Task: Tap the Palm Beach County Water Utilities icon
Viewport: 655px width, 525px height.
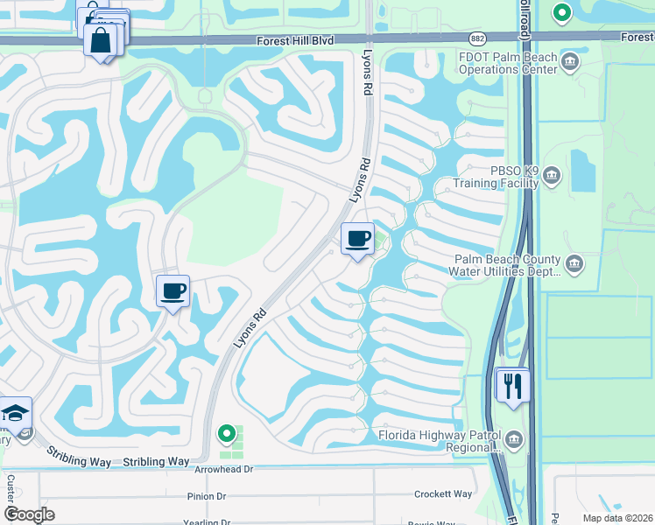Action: pyautogui.click(x=574, y=263)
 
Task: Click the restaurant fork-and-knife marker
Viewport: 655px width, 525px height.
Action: pyautogui.click(x=513, y=385)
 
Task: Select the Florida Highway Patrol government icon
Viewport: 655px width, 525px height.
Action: pyautogui.click(x=513, y=441)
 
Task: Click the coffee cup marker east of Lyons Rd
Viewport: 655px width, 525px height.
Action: pyautogui.click(x=357, y=239)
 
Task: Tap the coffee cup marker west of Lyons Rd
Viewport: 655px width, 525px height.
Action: pyautogui.click(x=173, y=290)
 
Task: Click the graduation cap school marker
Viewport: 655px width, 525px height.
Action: pyautogui.click(x=15, y=414)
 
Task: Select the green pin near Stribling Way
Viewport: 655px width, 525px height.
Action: pyautogui.click(x=227, y=433)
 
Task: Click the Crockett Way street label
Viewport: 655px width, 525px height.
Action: pyautogui.click(x=444, y=494)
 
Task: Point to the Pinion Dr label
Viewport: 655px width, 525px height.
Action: pyautogui.click(x=207, y=496)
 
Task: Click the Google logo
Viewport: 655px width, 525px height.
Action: pyautogui.click(x=29, y=514)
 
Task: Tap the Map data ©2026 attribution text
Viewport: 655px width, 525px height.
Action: pyautogui.click(x=616, y=518)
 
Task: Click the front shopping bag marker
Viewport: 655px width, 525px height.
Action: pyautogui.click(x=101, y=41)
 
